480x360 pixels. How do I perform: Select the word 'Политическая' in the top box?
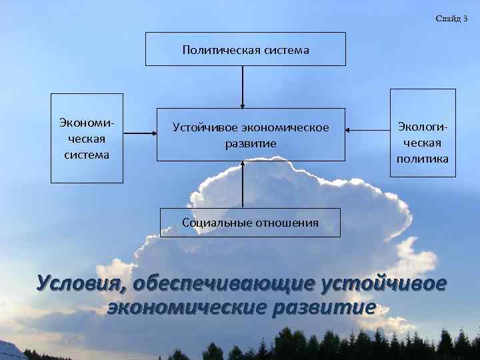click(213, 50)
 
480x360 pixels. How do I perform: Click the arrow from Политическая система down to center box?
click(243, 87)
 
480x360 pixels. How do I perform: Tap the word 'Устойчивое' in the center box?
click(203, 127)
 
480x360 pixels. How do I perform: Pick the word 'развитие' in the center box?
click(251, 143)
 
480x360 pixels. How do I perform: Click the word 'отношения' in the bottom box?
click(287, 223)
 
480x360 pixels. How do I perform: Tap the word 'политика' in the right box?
click(423, 159)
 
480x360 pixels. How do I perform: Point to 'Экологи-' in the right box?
click(423, 126)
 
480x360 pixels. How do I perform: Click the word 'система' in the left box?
click(87, 155)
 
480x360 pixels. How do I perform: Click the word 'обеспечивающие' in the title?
click(225, 283)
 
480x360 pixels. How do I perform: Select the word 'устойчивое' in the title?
click(383, 283)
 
